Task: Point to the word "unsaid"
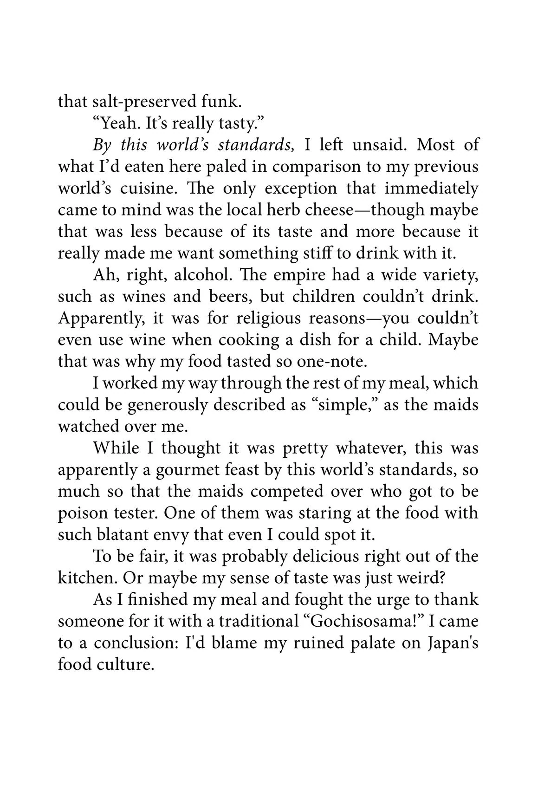(380, 144)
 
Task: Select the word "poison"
(83, 513)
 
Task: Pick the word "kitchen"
(86, 578)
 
